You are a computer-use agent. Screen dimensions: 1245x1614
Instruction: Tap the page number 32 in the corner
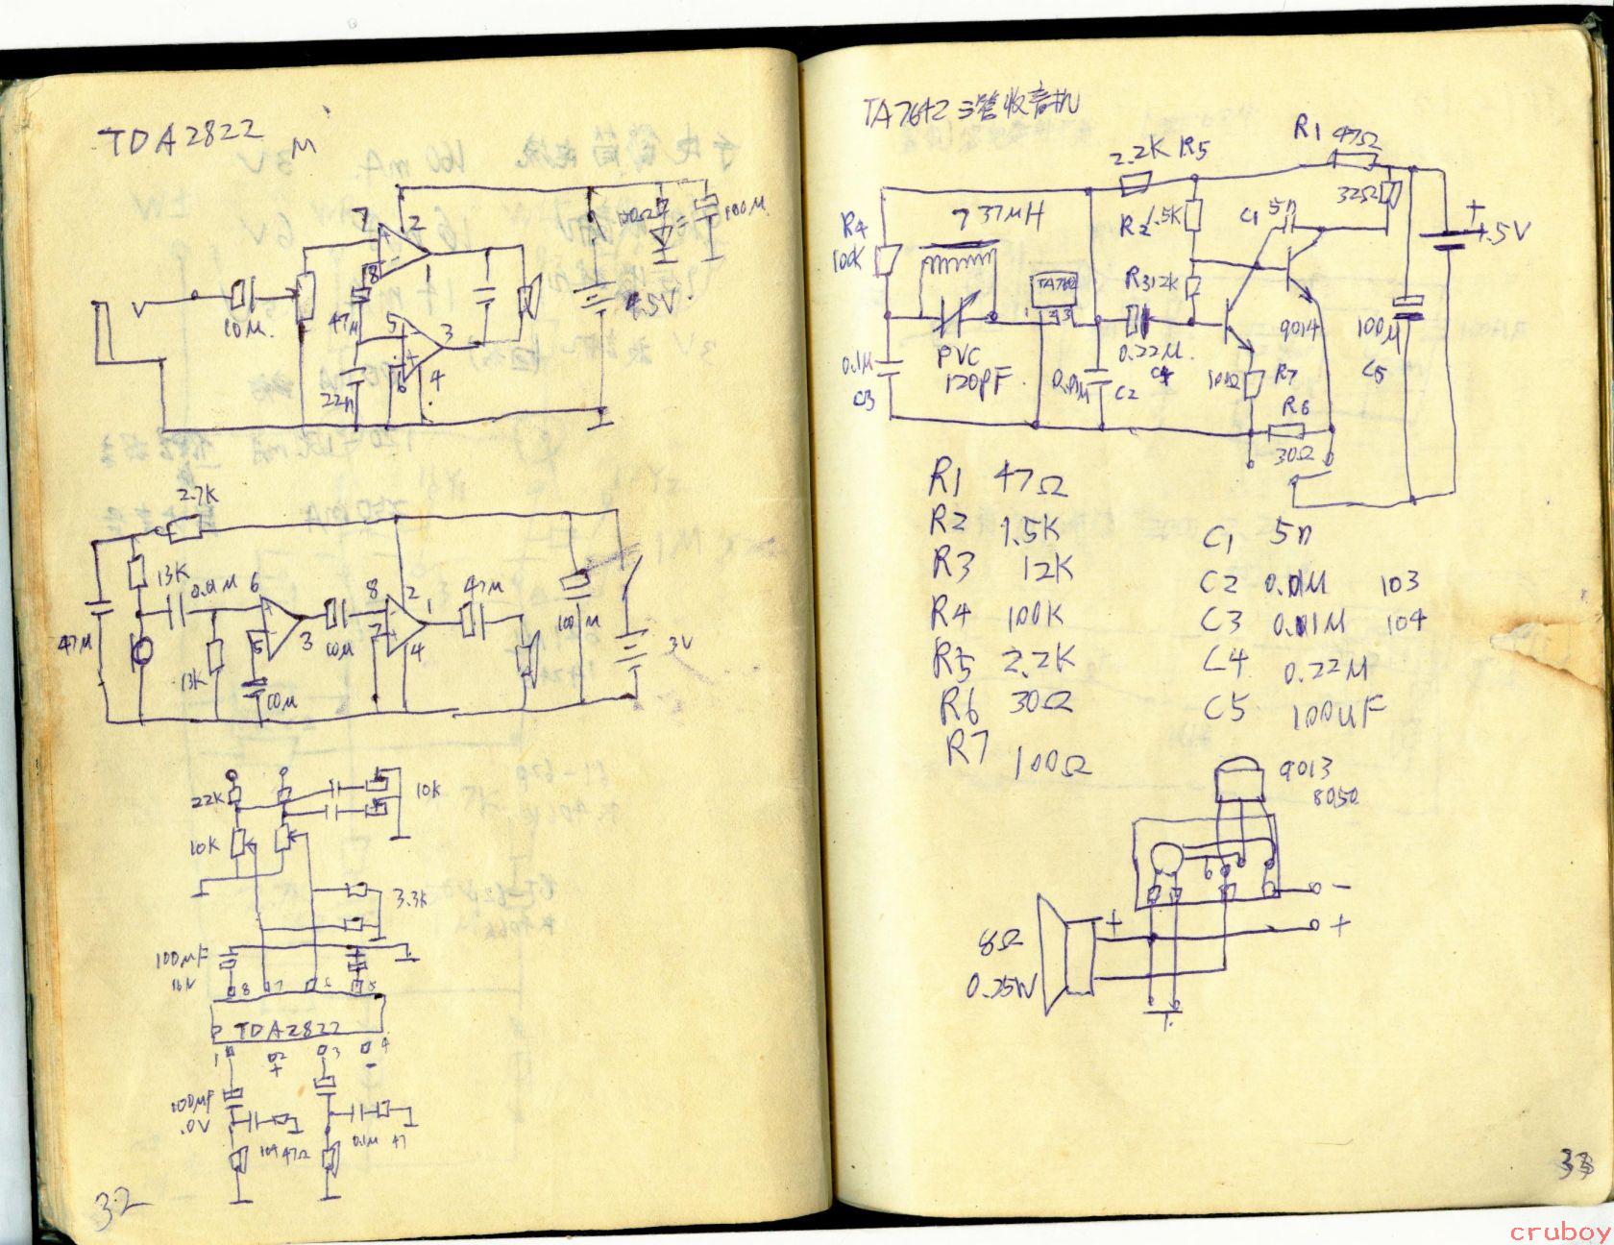coord(118,1202)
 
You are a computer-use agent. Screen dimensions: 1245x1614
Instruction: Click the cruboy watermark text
coord(1560,1233)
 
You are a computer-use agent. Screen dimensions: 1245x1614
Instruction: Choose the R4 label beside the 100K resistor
coord(855,228)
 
